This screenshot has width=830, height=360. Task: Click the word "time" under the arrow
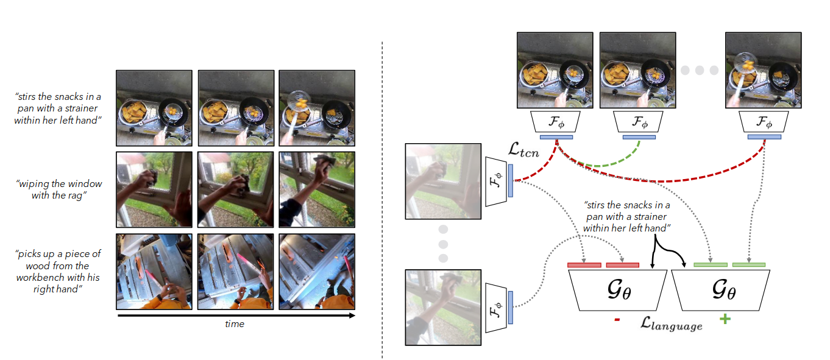[234, 324]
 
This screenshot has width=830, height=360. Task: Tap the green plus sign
[725, 319]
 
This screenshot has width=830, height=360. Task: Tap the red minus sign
[617, 318]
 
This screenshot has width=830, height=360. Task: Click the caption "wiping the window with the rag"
[59, 189]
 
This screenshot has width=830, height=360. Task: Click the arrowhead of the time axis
[352, 316]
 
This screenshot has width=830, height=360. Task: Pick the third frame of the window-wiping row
[316, 189]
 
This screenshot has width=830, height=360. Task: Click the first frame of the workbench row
[154, 271]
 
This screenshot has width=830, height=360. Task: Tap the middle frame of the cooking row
[235, 107]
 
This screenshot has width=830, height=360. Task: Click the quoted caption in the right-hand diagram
[627, 216]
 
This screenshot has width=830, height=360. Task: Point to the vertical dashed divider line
[382, 201]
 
